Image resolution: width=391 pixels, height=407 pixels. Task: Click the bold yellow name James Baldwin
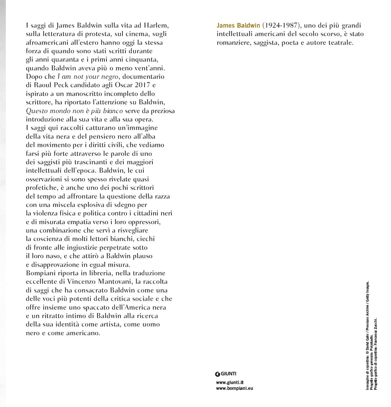click(238, 25)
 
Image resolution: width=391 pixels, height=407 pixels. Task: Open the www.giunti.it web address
click(230, 382)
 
